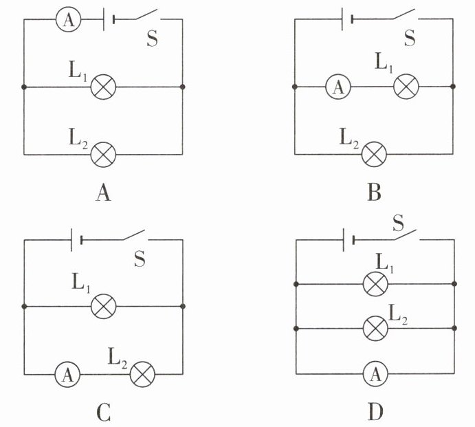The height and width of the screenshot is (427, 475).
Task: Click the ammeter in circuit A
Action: click(69, 19)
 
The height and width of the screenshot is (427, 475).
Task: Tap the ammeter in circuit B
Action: click(338, 87)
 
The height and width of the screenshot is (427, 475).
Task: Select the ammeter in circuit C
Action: click(67, 374)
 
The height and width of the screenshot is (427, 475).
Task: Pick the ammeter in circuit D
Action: click(375, 373)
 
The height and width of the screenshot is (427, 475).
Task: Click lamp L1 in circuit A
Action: click(103, 87)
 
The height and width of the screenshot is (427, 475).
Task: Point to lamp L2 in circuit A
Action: click(103, 155)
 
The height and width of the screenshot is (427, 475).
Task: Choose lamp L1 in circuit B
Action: click(406, 87)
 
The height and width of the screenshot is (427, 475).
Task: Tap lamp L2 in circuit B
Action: click(375, 154)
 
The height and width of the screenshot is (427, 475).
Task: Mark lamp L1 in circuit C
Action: click(104, 306)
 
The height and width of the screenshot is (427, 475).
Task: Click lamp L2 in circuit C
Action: click(142, 374)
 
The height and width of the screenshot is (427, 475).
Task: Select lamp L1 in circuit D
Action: click(375, 284)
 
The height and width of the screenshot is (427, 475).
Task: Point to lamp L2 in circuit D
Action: click(375, 328)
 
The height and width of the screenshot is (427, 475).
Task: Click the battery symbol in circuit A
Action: click(109, 19)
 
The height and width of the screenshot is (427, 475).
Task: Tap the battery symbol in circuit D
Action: click(349, 240)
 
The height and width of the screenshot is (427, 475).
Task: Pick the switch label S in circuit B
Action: click(410, 38)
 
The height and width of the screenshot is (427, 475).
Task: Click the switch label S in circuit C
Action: click(140, 259)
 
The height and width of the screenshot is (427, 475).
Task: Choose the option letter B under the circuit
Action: click(374, 193)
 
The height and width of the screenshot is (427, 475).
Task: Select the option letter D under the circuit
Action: click(375, 412)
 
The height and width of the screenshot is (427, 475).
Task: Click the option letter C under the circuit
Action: click(104, 413)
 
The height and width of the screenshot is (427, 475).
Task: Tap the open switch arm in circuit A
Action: click(146, 14)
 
